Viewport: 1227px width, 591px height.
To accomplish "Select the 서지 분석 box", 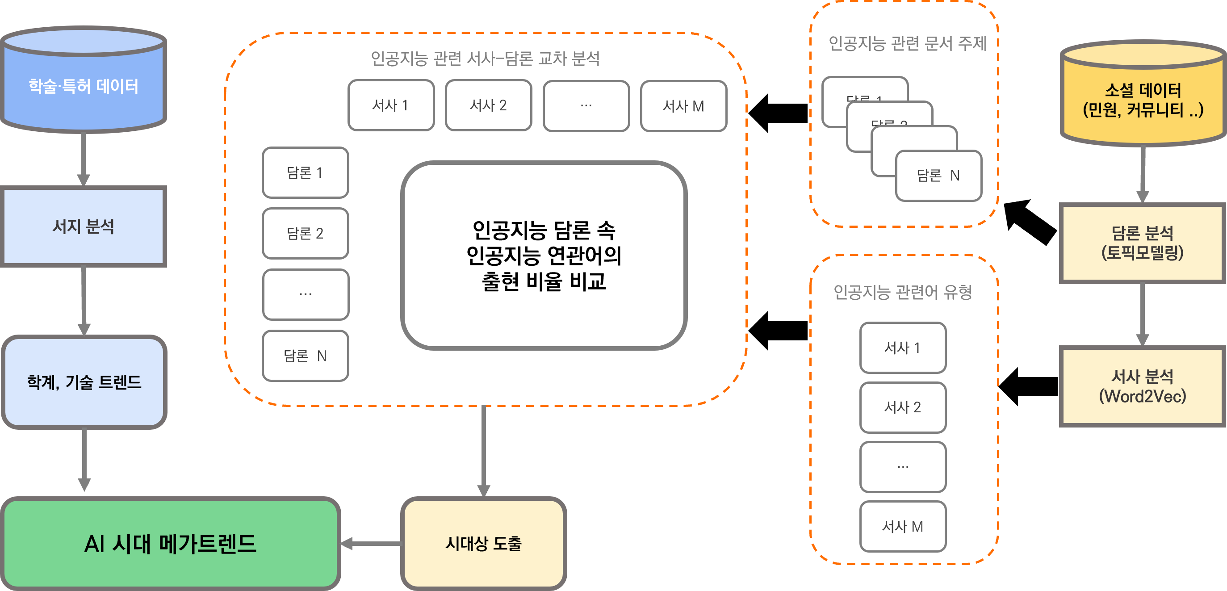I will [84, 226].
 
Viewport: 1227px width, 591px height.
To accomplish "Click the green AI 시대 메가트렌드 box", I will [171, 543].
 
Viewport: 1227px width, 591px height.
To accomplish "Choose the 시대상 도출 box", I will [483, 543].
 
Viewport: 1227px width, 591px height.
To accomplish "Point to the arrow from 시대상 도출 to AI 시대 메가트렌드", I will [372, 543].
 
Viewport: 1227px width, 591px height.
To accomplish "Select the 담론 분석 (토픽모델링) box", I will [1142, 243].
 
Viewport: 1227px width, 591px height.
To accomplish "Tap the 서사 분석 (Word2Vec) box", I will [1142, 386].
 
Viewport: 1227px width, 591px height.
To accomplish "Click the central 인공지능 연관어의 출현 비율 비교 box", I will [544, 255].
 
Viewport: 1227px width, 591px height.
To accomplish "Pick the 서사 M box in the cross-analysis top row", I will [683, 106].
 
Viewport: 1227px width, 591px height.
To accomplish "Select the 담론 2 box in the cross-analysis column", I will [306, 233].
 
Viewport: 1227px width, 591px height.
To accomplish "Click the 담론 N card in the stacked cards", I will [938, 176].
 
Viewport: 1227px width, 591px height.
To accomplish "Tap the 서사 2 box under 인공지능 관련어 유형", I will [903, 407].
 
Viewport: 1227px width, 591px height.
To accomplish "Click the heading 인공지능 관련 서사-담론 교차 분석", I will [485, 59].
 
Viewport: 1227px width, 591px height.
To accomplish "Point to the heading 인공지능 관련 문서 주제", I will [907, 43].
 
